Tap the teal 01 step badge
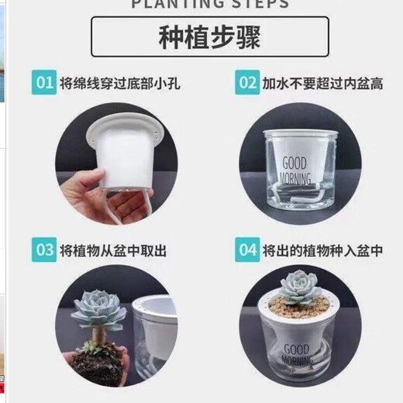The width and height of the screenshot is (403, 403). (43, 82)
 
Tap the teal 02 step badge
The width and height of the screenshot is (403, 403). (247, 82)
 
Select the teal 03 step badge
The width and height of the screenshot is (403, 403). (43, 250)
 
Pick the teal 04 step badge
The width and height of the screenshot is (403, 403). (247, 250)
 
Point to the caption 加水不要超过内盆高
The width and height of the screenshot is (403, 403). (322, 82)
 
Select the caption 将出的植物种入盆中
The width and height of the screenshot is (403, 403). (322, 250)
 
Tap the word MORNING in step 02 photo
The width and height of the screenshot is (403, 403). (296, 179)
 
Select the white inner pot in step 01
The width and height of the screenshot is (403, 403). (126, 155)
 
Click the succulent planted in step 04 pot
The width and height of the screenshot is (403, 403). (300, 286)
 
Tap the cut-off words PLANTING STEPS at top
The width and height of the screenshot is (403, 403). (210, 4)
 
